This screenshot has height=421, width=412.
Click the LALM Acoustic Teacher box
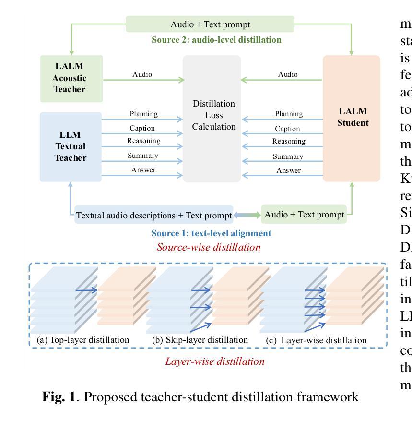pos(71,78)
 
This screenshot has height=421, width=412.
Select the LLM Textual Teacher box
pos(71,147)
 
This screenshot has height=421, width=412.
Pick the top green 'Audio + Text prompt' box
pos(210,24)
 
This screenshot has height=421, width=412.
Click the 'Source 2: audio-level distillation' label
pos(216,40)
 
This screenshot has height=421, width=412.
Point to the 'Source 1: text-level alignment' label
pos(211,233)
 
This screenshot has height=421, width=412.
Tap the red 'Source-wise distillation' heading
pos(209,247)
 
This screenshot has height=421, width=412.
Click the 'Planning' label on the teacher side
pos(143,114)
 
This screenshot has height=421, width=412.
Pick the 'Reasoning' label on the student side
pos(289,141)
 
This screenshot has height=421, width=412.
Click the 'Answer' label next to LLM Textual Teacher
pos(143,170)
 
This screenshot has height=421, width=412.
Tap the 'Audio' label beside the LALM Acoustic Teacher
pos(142,74)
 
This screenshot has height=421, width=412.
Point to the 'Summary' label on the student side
pos(288,156)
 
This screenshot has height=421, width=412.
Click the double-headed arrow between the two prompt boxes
pos(247,215)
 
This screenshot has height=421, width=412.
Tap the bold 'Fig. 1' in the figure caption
pos(59,397)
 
